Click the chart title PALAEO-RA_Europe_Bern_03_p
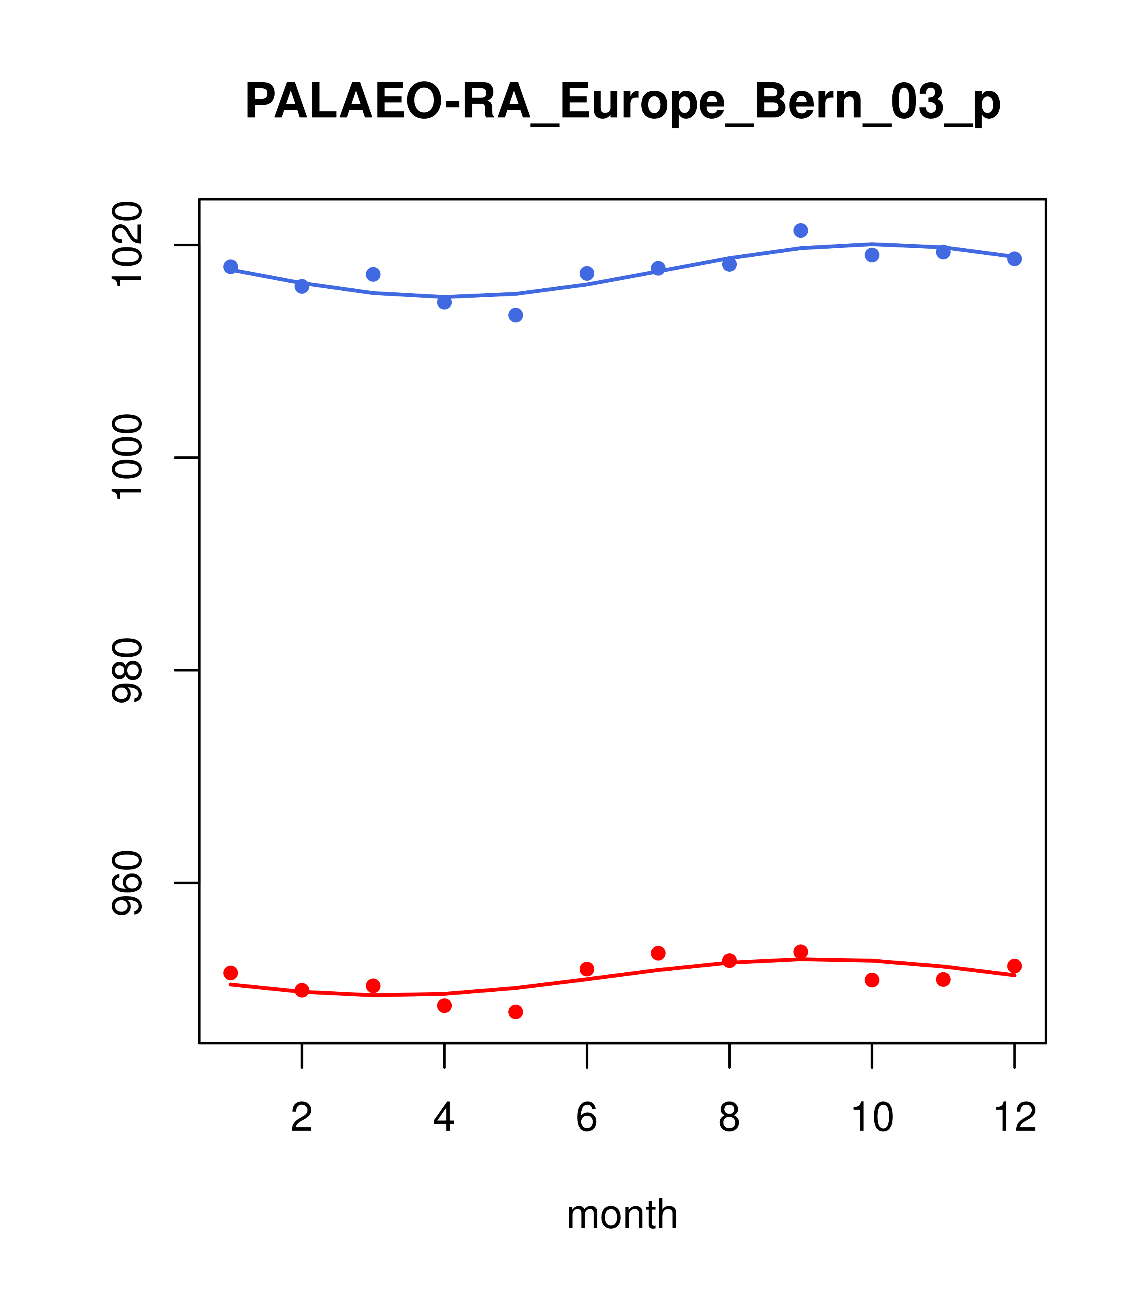tap(622, 102)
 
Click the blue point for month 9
tap(800, 230)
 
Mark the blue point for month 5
tap(516, 315)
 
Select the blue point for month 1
tap(230, 267)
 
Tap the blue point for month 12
tap(1015, 259)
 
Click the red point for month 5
tap(516, 1012)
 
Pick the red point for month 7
tap(658, 953)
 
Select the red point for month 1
tap(230, 973)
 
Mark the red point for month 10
tap(872, 980)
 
